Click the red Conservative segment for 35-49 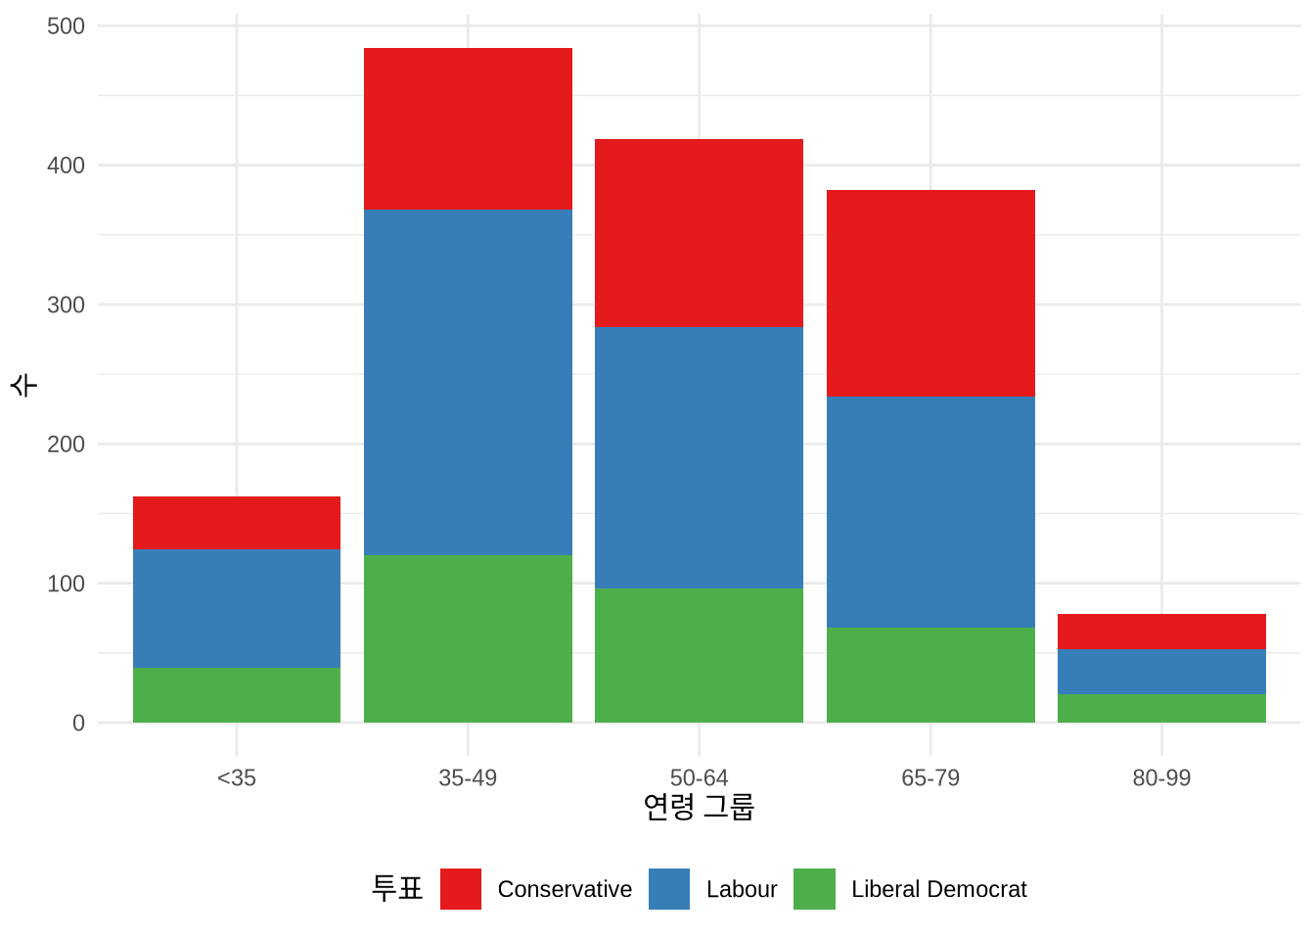(x=468, y=128)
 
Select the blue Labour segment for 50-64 (x=699, y=457)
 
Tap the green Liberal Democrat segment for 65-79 (x=930, y=675)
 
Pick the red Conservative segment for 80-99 (x=1161, y=632)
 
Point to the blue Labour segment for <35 (x=237, y=608)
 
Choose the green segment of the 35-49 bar (x=468, y=638)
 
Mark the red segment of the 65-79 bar (x=930, y=293)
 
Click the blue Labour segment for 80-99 (x=1161, y=672)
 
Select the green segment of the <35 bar (x=237, y=695)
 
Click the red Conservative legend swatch (x=461, y=889)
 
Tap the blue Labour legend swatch (x=669, y=889)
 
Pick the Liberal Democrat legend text (x=938, y=889)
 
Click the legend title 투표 (x=397, y=888)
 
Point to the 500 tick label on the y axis (x=67, y=25)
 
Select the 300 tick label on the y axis (x=67, y=305)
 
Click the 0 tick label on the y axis (x=78, y=723)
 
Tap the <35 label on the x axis (x=237, y=777)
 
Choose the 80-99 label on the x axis (x=1161, y=777)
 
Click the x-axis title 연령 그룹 (x=699, y=807)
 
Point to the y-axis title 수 (x=23, y=384)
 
